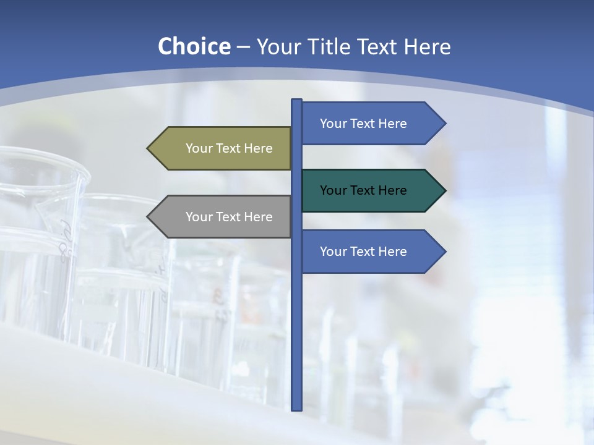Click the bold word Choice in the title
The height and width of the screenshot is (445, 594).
point(194,46)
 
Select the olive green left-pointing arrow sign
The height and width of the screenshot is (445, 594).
point(223,148)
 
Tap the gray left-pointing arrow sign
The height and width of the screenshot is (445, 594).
point(223,216)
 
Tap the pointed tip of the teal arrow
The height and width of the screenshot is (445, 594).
point(444,190)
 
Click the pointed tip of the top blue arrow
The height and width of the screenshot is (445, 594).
point(444,123)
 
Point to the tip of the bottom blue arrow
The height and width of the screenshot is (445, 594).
point(444,252)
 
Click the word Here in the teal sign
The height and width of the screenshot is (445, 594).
point(392,190)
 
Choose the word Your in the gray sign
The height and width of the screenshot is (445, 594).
point(199,217)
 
